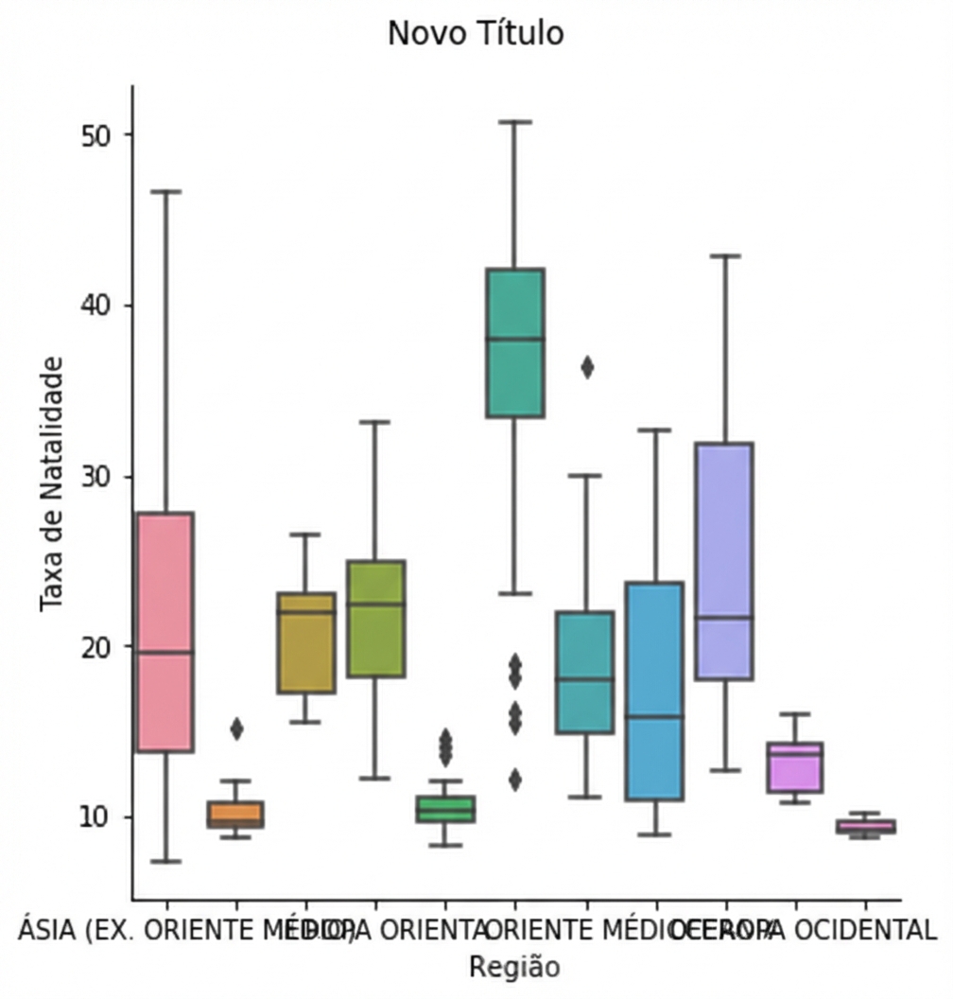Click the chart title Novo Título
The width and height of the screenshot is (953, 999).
click(476, 34)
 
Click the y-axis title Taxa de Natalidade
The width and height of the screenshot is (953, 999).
click(53, 483)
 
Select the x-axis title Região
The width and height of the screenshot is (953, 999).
click(514, 967)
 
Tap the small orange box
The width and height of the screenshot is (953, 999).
click(235, 814)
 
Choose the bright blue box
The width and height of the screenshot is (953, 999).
click(654, 691)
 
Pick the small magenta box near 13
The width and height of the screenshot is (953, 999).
click(794, 767)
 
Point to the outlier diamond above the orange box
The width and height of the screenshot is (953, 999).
click(236, 728)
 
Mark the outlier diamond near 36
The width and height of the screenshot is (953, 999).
click(587, 368)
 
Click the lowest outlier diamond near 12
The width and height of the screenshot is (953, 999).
click(515, 780)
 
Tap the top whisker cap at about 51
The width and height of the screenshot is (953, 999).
click(515, 122)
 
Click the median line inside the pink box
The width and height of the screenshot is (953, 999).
click(165, 652)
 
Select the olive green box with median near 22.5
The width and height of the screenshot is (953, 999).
click(375, 619)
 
